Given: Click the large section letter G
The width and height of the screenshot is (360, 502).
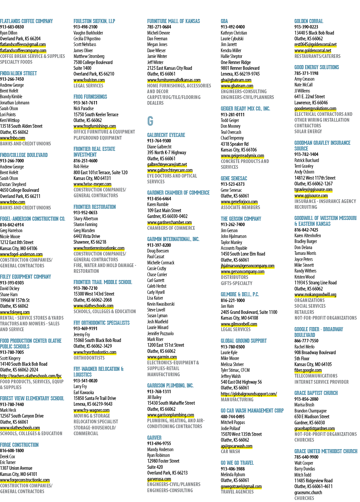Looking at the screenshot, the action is click(150, 121).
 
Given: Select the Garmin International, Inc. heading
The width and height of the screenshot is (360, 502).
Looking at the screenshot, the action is click(173, 239).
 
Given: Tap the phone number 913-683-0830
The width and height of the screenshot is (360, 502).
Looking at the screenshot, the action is click(12, 27).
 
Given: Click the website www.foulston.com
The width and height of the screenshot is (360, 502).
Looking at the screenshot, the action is click(89, 80).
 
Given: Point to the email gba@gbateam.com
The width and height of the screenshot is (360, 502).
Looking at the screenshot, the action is click(236, 80).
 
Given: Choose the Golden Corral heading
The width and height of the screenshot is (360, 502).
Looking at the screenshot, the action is click(309, 21).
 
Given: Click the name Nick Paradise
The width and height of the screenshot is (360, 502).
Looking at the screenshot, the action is click(84, 108).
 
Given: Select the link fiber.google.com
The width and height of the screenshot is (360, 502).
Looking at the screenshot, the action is click(308, 370).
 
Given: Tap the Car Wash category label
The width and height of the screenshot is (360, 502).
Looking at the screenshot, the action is click(230, 451).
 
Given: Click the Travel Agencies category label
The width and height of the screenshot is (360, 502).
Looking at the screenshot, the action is click(237, 492).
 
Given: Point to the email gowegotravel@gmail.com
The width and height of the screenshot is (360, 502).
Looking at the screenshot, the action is click(241, 486).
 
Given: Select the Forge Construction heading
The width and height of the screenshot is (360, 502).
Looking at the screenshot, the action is click(19, 445).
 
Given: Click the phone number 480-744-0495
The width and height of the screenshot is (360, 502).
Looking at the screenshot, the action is click(233, 417).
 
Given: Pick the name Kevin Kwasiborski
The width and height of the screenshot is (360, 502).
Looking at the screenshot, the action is click(161, 304).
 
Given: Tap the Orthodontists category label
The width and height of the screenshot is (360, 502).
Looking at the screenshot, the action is click(89, 358).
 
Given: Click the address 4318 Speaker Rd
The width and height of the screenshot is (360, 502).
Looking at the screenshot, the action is click(235, 144).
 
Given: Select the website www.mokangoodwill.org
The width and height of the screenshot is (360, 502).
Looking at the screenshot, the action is click(315, 295).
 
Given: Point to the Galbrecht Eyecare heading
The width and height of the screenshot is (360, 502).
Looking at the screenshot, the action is click(166, 135).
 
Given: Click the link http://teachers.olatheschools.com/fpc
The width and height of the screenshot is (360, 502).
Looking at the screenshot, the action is click(31, 376).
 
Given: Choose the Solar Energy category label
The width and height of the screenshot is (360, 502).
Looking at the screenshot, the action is click(308, 132).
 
